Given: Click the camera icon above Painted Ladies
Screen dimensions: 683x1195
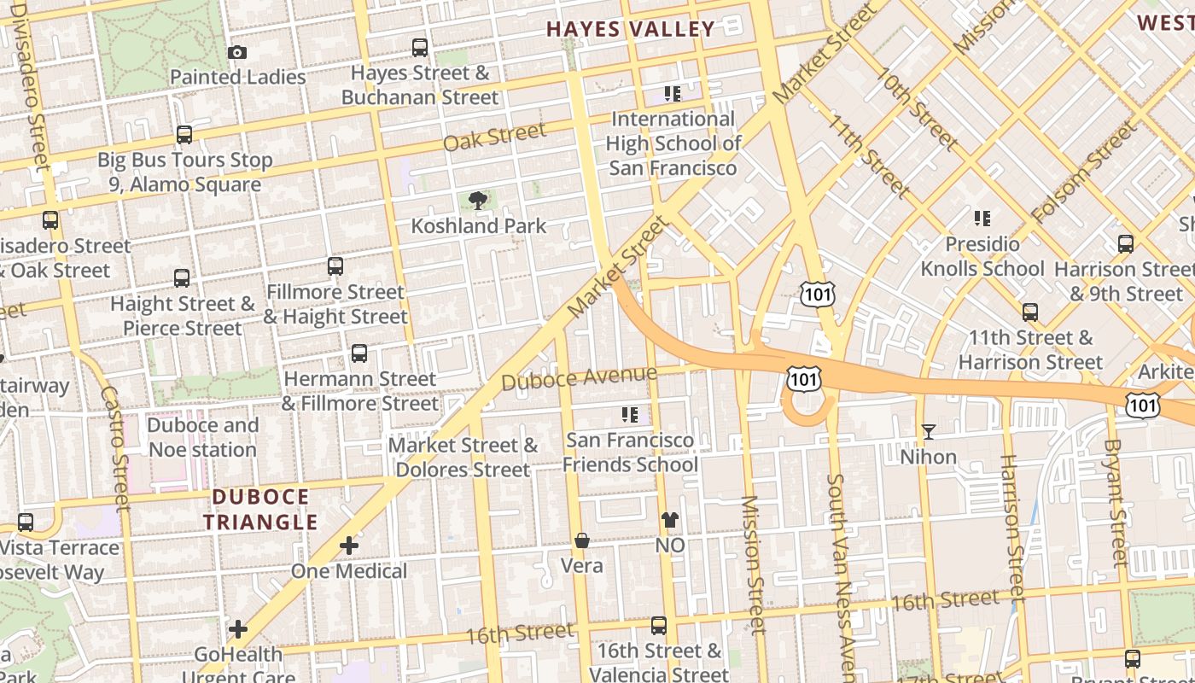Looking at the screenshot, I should [237, 52].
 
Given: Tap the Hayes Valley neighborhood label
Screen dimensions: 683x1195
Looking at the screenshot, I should [630, 29].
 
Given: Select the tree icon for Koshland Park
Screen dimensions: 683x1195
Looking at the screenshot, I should [478, 201].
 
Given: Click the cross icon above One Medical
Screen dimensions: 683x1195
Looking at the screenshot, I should [349, 545].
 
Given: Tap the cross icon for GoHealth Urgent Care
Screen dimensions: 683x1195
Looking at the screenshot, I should [238, 629].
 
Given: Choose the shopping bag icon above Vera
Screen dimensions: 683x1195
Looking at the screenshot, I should [581, 540].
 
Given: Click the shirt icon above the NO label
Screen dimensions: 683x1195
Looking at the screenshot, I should [670, 519].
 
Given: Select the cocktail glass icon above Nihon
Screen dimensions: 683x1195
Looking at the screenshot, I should [929, 432].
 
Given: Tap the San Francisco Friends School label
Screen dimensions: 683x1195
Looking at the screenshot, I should [630, 452].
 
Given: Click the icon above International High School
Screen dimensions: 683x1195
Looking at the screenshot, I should [673, 93].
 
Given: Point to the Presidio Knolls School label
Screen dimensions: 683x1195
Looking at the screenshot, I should [982, 256].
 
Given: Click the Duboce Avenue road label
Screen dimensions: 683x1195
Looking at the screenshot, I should [579, 377].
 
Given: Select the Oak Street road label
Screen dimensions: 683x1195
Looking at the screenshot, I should [494, 137].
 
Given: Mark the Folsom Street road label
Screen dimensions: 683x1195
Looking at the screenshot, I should [1083, 172].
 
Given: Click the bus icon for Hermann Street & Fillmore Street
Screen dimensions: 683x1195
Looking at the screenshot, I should [359, 353].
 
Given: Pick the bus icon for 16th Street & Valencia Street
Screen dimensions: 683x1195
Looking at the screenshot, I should [659, 626].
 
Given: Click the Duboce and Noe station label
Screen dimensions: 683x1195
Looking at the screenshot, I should [202, 437].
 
